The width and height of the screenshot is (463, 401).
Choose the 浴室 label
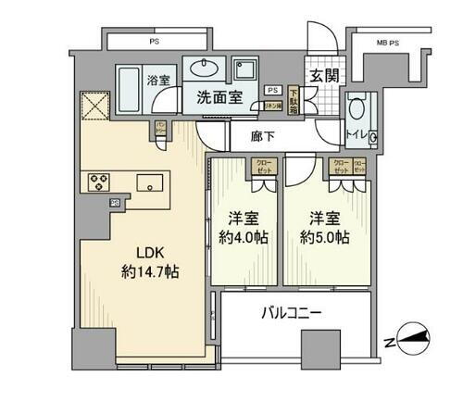tap(156, 80)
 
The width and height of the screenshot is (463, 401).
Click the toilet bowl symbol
tap(357, 107)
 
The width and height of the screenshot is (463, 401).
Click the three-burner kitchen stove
tap(99, 182)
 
